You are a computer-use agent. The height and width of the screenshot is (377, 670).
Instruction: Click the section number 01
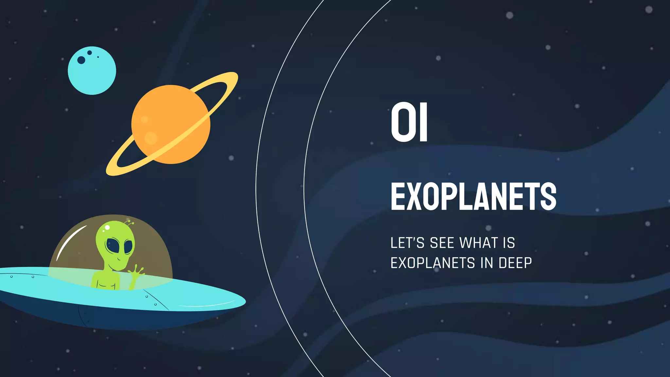click(x=409, y=122)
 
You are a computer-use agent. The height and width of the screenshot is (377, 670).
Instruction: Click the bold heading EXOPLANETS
click(x=473, y=196)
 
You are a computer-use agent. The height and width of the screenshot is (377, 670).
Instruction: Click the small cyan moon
click(x=92, y=71)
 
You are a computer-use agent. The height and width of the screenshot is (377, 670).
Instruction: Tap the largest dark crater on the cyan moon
click(x=81, y=60)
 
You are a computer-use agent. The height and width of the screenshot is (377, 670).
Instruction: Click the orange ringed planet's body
click(x=170, y=124)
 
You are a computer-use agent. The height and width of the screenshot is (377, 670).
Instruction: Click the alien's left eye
click(x=113, y=245)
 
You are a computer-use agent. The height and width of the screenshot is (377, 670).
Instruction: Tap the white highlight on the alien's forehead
click(x=107, y=227)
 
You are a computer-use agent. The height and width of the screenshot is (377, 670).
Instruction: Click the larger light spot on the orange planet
click(x=151, y=138)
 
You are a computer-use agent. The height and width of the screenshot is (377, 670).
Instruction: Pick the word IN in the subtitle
click(x=486, y=263)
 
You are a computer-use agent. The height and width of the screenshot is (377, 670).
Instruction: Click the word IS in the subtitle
click(x=509, y=243)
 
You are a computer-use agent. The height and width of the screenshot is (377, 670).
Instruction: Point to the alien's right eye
click(x=129, y=247)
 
